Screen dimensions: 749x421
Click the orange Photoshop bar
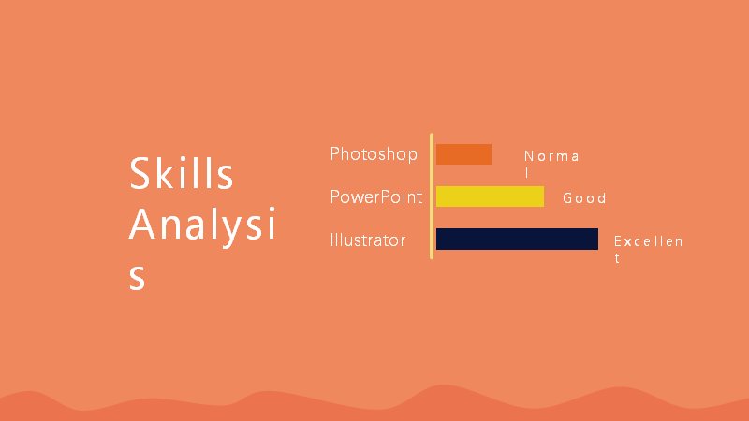coord(463,154)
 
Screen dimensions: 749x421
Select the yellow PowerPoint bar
coord(490,196)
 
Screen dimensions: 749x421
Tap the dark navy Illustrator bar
coord(517,239)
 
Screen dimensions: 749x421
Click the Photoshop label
coord(374,154)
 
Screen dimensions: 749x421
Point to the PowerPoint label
coord(376,196)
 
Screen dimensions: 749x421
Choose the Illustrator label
coord(368,240)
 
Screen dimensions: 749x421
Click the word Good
coord(584,197)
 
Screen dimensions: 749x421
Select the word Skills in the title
coord(181,173)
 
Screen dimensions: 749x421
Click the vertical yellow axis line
coord(432,196)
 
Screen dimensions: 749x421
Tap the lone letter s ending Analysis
coord(137,277)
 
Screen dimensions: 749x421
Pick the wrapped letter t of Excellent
coord(617,258)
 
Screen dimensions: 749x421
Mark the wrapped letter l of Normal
coord(527,172)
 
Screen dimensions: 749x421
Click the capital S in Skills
coord(140,173)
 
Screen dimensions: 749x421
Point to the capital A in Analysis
coord(142,225)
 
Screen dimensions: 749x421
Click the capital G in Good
coord(567,197)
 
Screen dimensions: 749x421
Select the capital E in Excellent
coord(618,241)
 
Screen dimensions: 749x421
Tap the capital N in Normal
coord(529,156)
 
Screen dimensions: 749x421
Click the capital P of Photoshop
coord(334,153)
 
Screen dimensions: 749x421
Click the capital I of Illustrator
coord(331,240)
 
